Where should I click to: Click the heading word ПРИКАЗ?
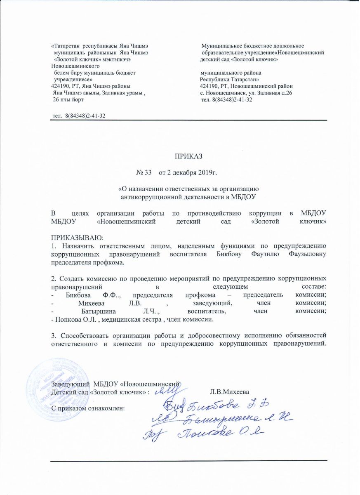coord(188,156)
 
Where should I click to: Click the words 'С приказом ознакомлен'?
coord(87,408)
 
